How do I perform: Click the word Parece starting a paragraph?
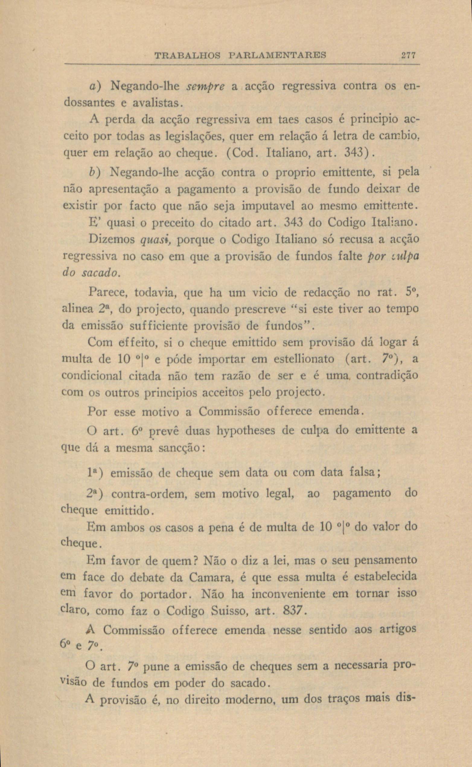(x=108, y=293)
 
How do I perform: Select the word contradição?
(x=387, y=375)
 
